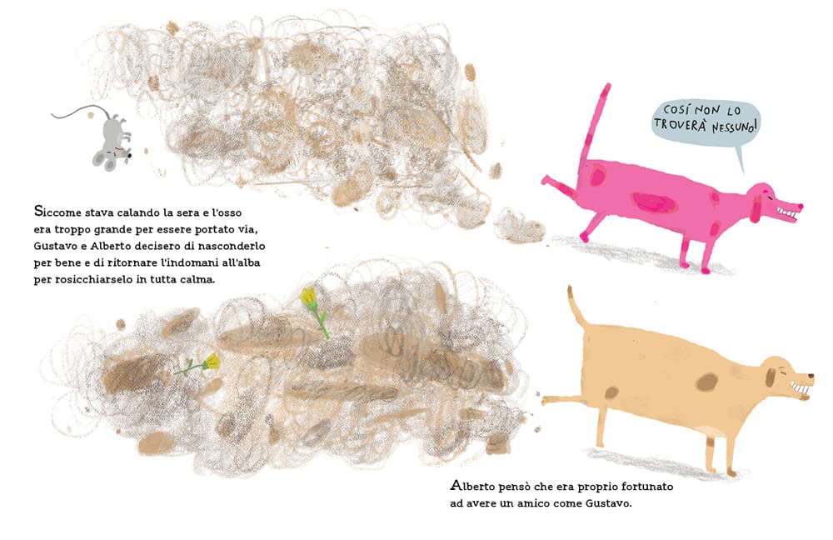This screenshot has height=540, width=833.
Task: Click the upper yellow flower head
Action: click(309, 297)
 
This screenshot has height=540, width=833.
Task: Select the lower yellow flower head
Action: click(211, 362)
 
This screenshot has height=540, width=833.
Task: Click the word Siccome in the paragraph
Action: click(57, 212)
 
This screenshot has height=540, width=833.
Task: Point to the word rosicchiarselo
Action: click(89, 279)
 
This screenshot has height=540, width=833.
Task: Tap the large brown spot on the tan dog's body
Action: click(706, 382)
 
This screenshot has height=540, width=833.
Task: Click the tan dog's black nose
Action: click(811, 377)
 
